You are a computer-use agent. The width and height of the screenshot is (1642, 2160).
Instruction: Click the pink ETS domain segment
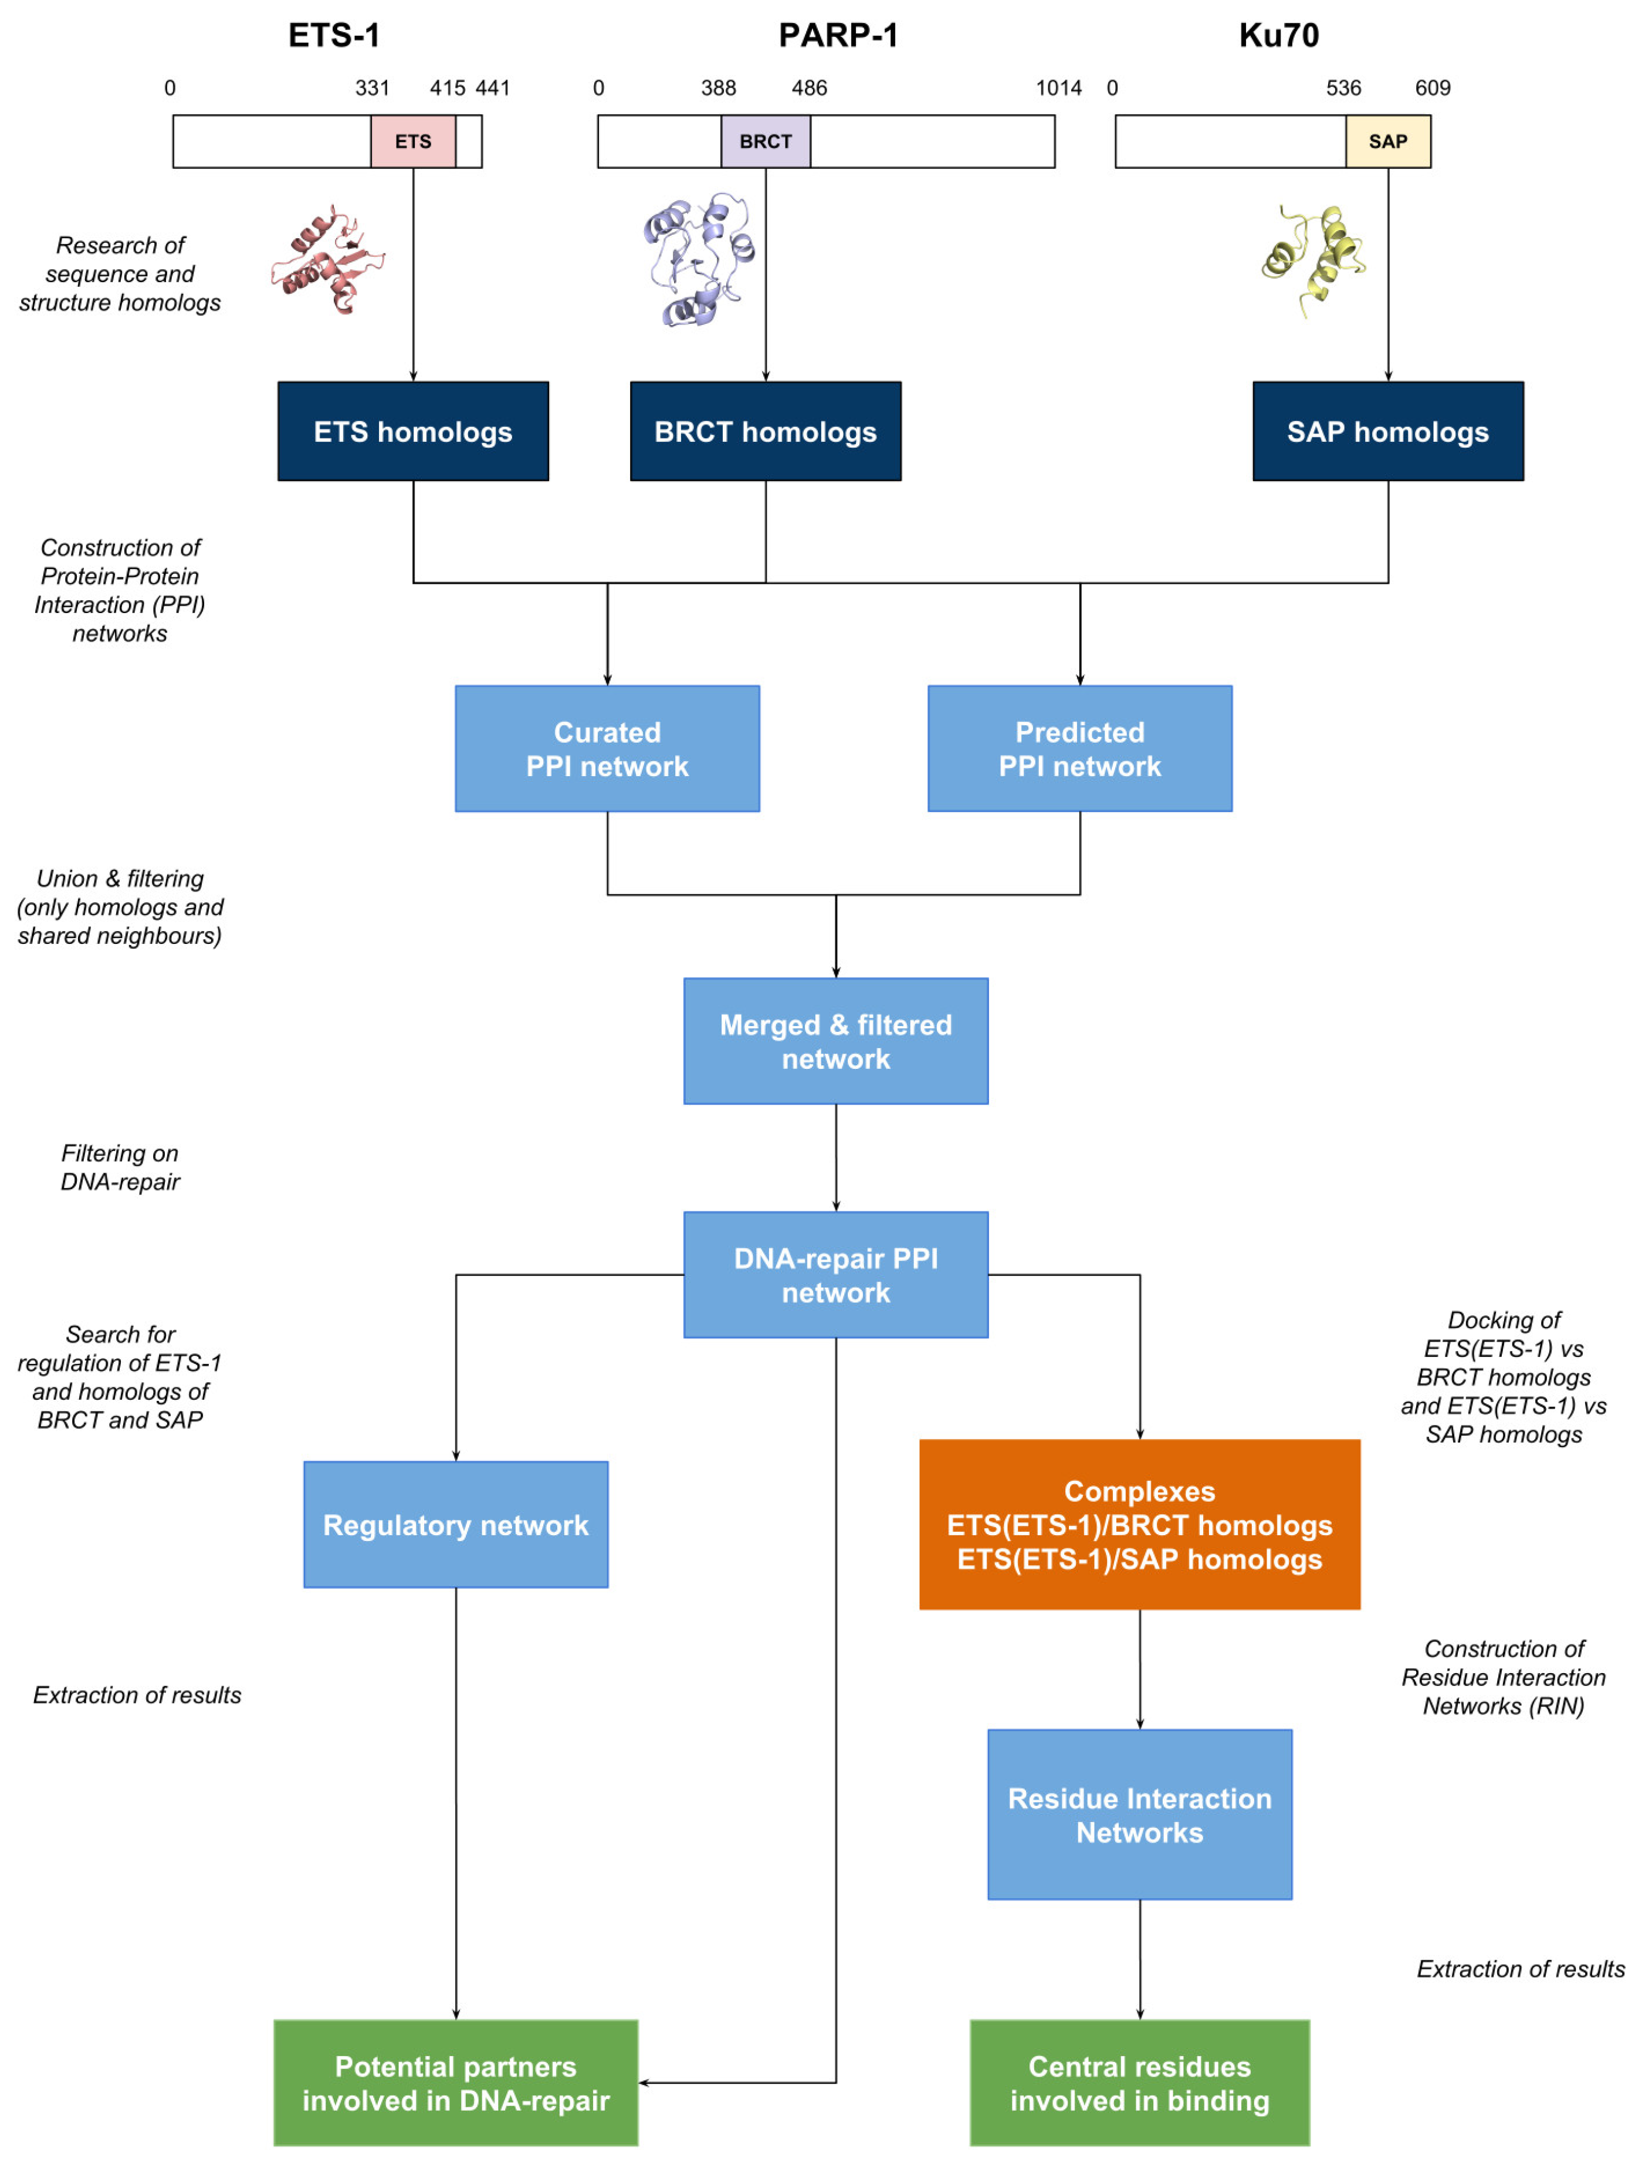(x=412, y=142)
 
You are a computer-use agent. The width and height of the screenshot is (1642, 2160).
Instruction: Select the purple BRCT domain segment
(x=766, y=142)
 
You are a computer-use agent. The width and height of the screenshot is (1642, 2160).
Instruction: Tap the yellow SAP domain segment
(x=1388, y=142)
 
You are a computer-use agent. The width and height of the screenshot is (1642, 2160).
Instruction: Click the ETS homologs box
(x=412, y=431)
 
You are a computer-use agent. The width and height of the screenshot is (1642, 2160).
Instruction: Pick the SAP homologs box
(x=1388, y=431)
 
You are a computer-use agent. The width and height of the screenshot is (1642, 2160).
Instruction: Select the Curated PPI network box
(x=607, y=749)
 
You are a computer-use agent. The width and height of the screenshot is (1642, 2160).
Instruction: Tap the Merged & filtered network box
(x=835, y=1041)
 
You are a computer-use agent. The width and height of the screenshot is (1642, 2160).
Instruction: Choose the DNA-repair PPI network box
(x=835, y=1275)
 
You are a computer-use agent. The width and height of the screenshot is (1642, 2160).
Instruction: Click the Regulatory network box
(x=455, y=1525)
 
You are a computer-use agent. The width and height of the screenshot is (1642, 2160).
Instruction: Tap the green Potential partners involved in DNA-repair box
(x=455, y=2083)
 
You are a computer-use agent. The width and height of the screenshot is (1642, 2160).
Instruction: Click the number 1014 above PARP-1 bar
(x=1058, y=88)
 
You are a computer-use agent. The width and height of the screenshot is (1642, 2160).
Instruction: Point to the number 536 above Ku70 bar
(x=1343, y=88)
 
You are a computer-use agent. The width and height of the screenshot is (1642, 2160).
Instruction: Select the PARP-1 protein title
(x=838, y=35)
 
